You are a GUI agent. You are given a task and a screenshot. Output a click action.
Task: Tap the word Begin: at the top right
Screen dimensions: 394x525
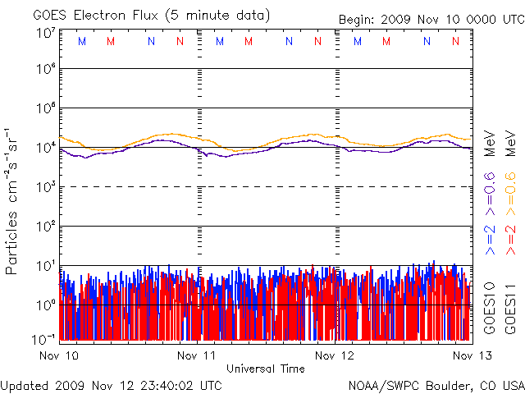point(358,20)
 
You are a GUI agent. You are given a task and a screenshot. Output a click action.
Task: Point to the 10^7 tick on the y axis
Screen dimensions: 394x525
point(46,33)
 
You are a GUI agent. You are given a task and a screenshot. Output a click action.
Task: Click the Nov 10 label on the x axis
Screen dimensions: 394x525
point(59,355)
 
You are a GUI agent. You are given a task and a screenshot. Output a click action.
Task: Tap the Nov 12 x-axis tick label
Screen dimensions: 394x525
point(336,355)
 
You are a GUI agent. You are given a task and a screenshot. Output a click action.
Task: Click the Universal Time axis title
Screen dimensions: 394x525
point(265,369)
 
